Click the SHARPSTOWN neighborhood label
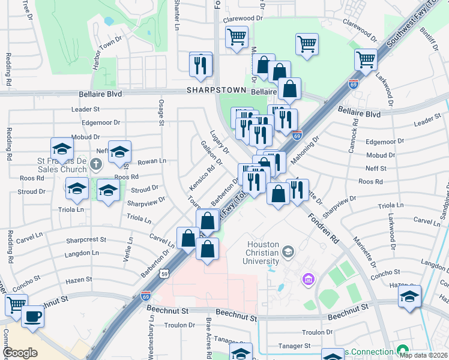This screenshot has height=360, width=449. [216, 90]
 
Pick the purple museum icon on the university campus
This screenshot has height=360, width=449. [309, 278]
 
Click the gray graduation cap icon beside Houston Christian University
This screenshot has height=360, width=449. [289, 250]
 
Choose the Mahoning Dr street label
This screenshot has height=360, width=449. [306, 149]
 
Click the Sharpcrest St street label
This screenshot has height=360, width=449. [86, 239]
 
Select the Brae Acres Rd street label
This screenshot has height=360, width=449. [208, 338]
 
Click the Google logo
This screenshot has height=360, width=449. [20, 353]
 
